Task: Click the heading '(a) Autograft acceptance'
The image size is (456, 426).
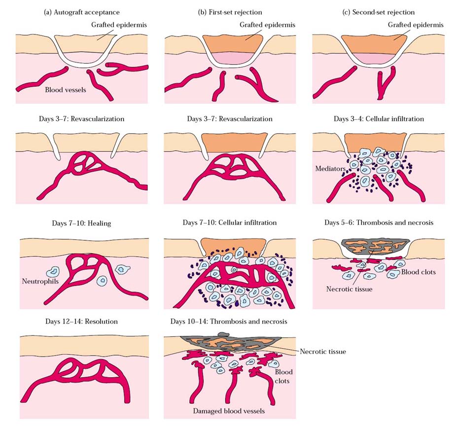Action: [x=81, y=12]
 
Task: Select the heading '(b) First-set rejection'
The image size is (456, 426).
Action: [x=230, y=12]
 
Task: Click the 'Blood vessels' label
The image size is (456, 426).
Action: [x=66, y=90]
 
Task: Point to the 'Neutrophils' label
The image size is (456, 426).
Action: [x=40, y=281]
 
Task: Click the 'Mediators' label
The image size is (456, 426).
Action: [x=330, y=168]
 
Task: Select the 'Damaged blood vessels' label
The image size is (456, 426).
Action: [x=229, y=411]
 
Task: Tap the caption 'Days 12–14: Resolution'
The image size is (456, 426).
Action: [x=81, y=322]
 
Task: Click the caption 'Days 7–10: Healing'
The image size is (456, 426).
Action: [x=81, y=223]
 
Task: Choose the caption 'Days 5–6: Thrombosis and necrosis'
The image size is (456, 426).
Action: [x=379, y=223]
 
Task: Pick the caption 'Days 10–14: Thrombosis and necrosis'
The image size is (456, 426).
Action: [x=229, y=322]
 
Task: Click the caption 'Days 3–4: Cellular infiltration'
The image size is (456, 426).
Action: [x=379, y=119]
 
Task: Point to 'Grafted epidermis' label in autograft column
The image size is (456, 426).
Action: [x=119, y=25]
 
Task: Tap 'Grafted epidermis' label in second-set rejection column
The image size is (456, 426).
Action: [x=416, y=25]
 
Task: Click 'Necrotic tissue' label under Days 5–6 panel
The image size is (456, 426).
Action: [x=349, y=289]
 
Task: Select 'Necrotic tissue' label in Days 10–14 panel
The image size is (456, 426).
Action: [x=323, y=351]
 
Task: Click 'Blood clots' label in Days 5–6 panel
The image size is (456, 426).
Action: [x=418, y=272]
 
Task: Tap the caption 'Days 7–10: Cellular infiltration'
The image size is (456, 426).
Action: [x=229, y=223]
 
